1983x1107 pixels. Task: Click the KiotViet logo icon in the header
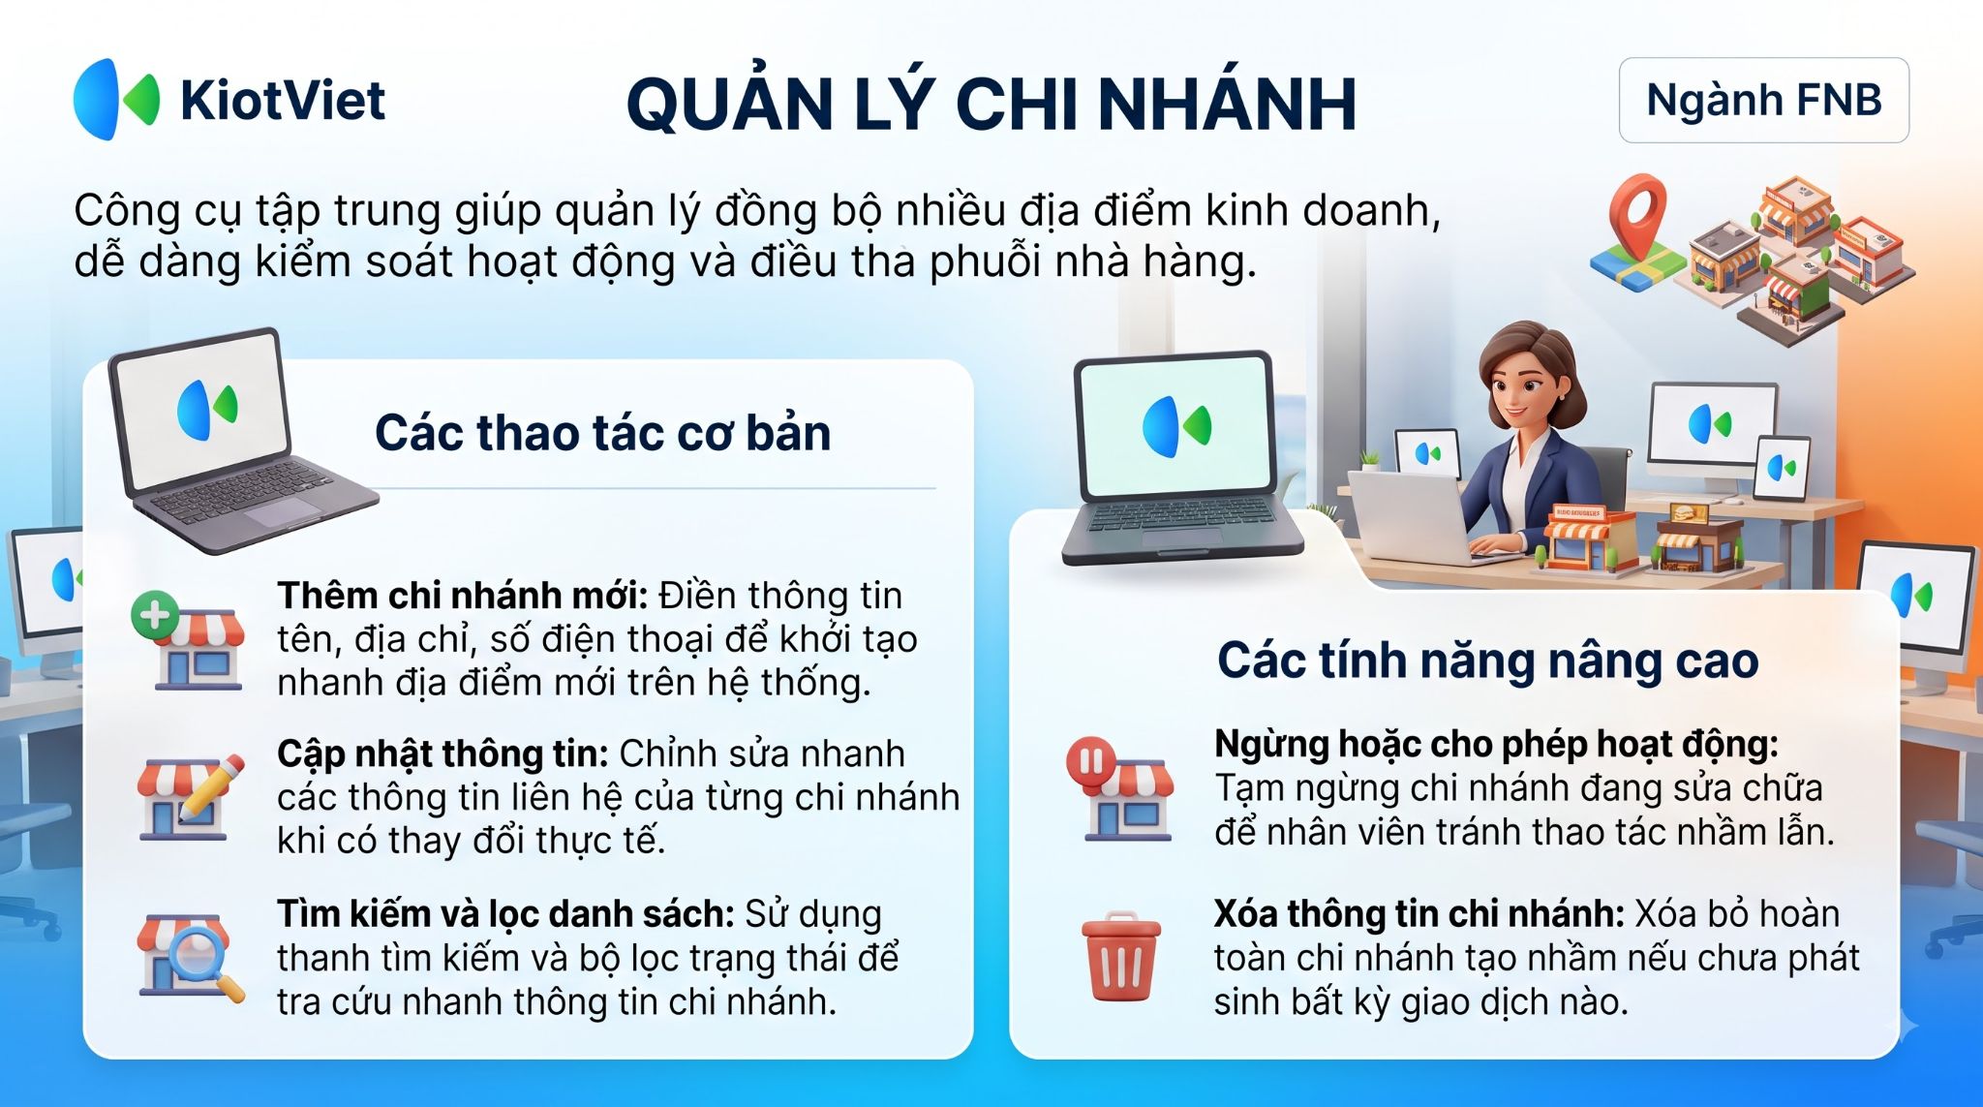pyautogui.click(x=116, y=99)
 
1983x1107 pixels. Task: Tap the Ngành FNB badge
pyautogui.click(x=1763, y=100)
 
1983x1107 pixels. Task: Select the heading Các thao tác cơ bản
pyautogui.click(x=602, y=433)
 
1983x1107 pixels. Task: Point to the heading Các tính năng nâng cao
pyautogui.click(x=1487, y=661)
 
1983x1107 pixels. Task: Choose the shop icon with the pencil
pyautogui.click(x=190, y=796)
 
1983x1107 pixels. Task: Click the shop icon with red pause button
pyautogui.click(x=1119, y=788)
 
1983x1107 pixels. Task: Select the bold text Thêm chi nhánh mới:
pyautogui.click(x=462, y=595)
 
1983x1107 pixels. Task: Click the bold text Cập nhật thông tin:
pyautogui.click(x=442, y=753)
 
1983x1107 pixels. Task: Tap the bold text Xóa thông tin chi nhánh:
pyautogui.click(x=1419, y=913)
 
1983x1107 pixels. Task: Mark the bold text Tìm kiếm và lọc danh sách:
pyautogui.click(x=505, y=913)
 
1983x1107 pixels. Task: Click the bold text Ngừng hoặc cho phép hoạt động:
pyautogui.click(x=1496, y=744)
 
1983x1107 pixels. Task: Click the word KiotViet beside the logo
pyautogui.click(x=283, y=100)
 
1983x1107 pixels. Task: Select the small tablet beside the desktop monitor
pyautogui.click(x=1781, y=470)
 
